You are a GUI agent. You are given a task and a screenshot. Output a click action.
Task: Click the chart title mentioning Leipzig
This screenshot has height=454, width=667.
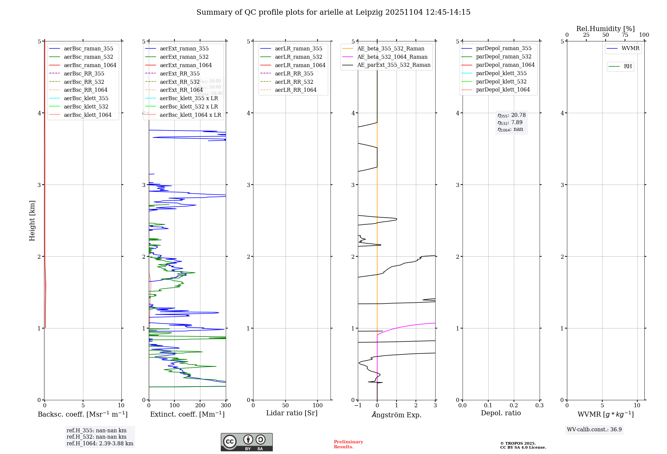333,12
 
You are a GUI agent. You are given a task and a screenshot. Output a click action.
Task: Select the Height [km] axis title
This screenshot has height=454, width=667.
32,220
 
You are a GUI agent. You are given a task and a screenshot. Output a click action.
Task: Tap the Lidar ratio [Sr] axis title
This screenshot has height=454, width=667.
292,413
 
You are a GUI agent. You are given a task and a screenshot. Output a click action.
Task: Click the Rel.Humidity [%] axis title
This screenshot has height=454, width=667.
605,29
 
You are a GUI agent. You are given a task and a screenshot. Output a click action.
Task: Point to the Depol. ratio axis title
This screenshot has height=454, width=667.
501,413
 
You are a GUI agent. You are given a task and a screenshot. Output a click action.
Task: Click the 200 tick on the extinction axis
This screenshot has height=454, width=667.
200,406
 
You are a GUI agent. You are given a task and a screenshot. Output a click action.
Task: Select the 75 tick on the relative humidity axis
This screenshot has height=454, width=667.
625,35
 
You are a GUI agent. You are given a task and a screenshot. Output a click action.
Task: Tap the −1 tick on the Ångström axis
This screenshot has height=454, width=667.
358,406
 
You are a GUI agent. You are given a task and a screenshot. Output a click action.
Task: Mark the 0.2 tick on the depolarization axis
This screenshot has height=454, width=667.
514,406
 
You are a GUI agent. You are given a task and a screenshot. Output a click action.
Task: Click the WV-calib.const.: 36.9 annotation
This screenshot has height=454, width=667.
594,430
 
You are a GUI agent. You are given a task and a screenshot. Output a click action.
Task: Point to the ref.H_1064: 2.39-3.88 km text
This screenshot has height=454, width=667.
100,444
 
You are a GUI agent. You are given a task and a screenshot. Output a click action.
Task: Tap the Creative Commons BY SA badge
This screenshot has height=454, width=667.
246,442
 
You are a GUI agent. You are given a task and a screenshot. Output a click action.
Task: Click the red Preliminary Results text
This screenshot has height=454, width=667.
348,444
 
